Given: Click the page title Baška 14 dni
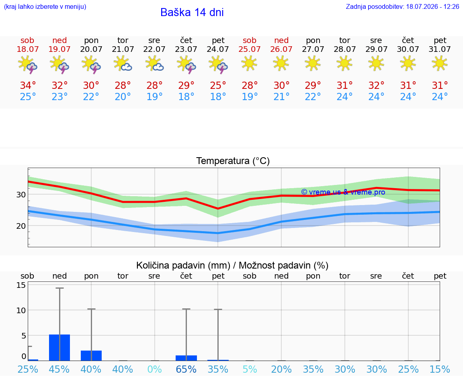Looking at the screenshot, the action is (192, 12).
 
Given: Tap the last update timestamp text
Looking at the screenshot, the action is (402, 6).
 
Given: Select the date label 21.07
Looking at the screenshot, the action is (123, 49).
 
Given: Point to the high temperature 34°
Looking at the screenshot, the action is (28, 85).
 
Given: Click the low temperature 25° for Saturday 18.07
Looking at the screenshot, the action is (28, 96).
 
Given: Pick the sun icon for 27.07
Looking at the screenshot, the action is (313, 64).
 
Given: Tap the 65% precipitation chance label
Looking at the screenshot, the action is (186, 369).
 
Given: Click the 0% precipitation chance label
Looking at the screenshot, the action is (154, 369).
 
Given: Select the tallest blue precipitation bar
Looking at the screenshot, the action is (59, 347).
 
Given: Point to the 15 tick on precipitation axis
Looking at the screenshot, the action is (21, 285).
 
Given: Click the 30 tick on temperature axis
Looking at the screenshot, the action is (21, 195).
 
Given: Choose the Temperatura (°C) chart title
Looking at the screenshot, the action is (233, 161).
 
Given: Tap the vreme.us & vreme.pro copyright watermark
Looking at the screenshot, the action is (343, 192).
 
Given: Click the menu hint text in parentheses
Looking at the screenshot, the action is (45, 6).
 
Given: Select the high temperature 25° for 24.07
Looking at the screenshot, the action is (218, 85).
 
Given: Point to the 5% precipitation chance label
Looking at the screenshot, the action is (250, 369).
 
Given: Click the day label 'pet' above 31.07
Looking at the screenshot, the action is (440, 40).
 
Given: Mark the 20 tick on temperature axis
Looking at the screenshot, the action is (21, 226).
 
